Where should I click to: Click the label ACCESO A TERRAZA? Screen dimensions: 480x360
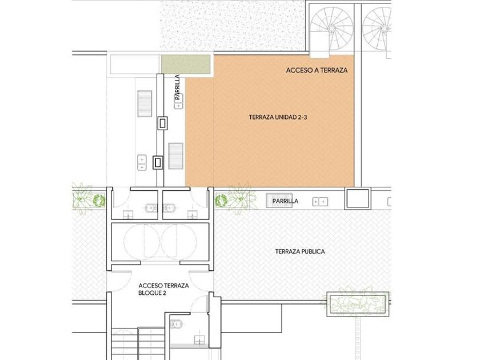point(317,70)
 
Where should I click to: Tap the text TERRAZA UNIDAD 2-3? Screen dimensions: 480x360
point(278,117)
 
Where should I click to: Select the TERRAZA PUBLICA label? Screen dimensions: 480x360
point(300,251)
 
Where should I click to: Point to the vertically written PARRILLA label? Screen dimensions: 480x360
point(177,87)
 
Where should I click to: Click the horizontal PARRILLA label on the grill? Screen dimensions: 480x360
point(285,201)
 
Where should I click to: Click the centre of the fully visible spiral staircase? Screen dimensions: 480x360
point(331,29)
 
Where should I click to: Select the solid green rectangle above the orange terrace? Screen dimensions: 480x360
point(186,65)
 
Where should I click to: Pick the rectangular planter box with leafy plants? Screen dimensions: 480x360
point(358,304)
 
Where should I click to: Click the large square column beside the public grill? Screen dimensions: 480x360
point(358,199)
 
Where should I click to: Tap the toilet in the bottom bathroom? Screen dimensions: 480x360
point(176,324)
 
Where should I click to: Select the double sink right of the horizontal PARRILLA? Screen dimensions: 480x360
point(320,202)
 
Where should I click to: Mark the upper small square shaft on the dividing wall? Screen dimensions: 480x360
point(162,123)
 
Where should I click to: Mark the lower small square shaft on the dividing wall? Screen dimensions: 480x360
point(158,162)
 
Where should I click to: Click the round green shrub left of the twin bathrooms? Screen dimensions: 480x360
point(99,200)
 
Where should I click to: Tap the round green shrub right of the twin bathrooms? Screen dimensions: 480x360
point(221,201)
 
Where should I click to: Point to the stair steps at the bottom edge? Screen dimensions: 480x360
point(138,343)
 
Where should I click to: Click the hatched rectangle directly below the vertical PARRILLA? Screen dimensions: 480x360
point(176,156)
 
